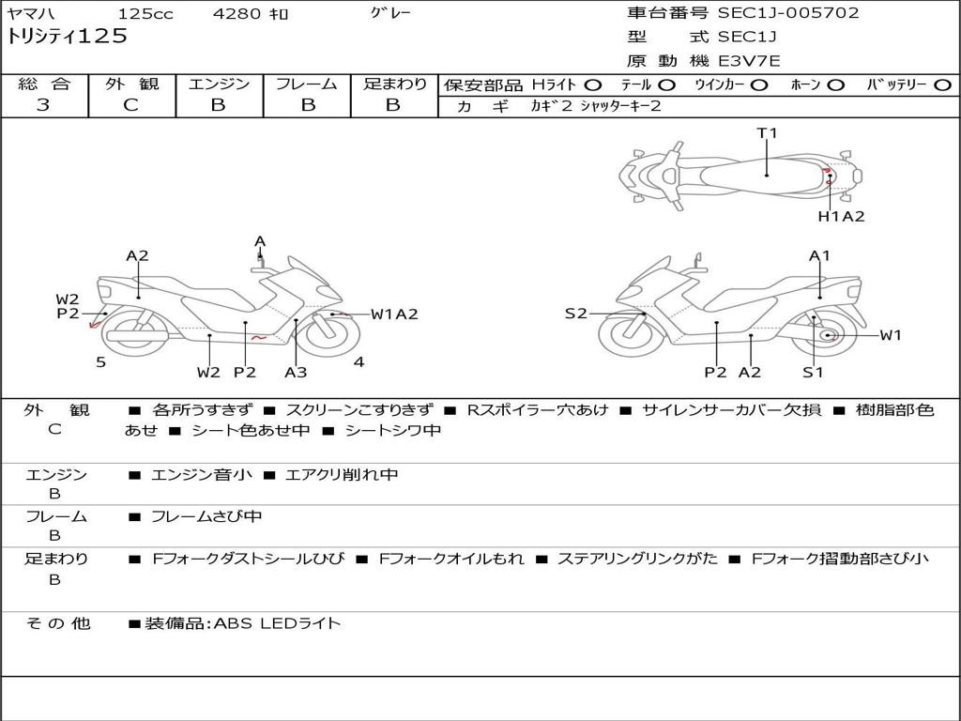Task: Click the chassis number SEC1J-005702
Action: [788, 13]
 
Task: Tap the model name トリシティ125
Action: [67, 37]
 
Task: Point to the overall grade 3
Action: [43, 105]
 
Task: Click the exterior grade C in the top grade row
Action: [130, 105]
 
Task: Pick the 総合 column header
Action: [44, 84]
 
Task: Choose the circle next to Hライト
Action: [592, 85]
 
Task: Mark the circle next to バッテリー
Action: [942, 85]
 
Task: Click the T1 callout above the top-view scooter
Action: [767, 133]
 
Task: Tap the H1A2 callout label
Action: [841, 217]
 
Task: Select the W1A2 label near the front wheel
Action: [394, 314]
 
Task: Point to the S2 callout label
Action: [575, 314]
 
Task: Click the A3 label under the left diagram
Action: [296, 372]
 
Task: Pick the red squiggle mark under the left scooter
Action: [259, 338]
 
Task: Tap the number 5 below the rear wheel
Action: [101, 362]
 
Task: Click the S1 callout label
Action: [813, 372]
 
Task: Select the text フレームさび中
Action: [206, 517]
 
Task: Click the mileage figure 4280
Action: [236, 13]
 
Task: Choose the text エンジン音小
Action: [201, 474]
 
